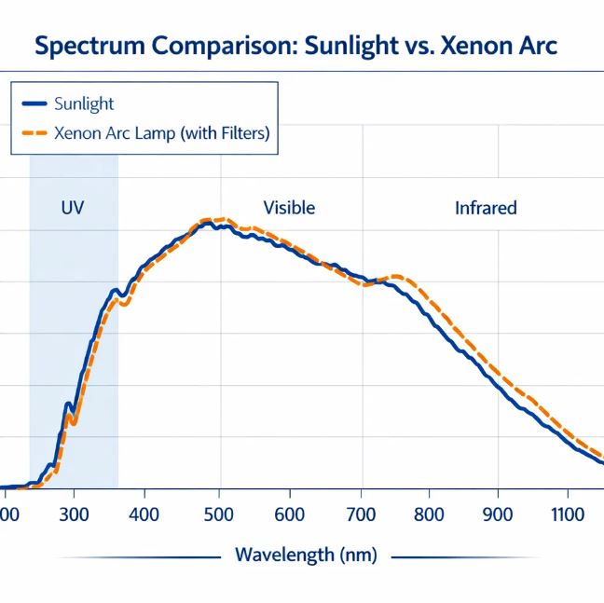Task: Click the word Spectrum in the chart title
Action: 83,47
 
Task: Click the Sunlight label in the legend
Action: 84,103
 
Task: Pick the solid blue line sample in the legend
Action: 34,103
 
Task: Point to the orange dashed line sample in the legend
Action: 34,133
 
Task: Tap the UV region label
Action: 72,207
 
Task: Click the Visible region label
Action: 289,207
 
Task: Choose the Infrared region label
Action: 486,207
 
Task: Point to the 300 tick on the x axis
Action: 73,514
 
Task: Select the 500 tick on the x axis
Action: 218,514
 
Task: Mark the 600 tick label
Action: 290,514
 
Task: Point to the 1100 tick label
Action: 567,514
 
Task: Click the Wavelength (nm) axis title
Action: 306,555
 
